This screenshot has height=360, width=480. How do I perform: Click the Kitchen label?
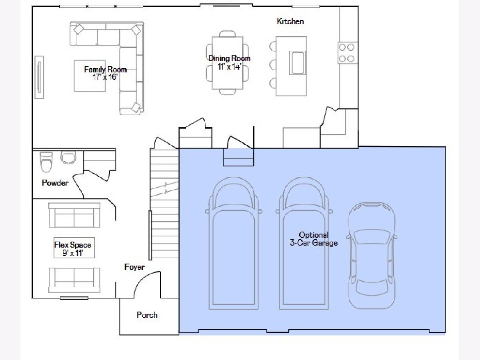(x=290, y=22)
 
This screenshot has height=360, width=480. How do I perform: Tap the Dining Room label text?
(x=229, y=58)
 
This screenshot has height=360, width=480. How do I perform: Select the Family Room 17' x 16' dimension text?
(x=105, y=77)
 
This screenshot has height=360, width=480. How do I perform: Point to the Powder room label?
(x=55, y=183)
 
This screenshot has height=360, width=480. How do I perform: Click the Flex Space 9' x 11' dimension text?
(x=73, y=253)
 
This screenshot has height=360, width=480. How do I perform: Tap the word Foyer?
(x=134, y=267)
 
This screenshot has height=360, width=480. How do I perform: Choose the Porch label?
(x=147, y=315)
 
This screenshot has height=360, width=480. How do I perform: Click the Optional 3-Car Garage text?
(x=314, y=239)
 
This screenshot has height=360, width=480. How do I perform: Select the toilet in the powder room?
(x=46, y=162)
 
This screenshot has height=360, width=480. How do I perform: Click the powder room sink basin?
(x=68, y=157)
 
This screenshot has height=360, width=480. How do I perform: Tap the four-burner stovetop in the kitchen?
(x=348, y=53)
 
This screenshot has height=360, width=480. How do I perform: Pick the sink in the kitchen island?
(x=297, y=63)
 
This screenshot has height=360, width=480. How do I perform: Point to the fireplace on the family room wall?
(x=39, y=77)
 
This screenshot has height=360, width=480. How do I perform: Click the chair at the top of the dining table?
(x=228, y=34)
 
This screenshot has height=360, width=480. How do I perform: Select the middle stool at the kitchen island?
(x=273, y=65)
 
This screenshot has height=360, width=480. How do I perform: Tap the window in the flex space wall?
(x=74, y=298)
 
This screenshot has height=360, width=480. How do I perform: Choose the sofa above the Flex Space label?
(x=74, y=215)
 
